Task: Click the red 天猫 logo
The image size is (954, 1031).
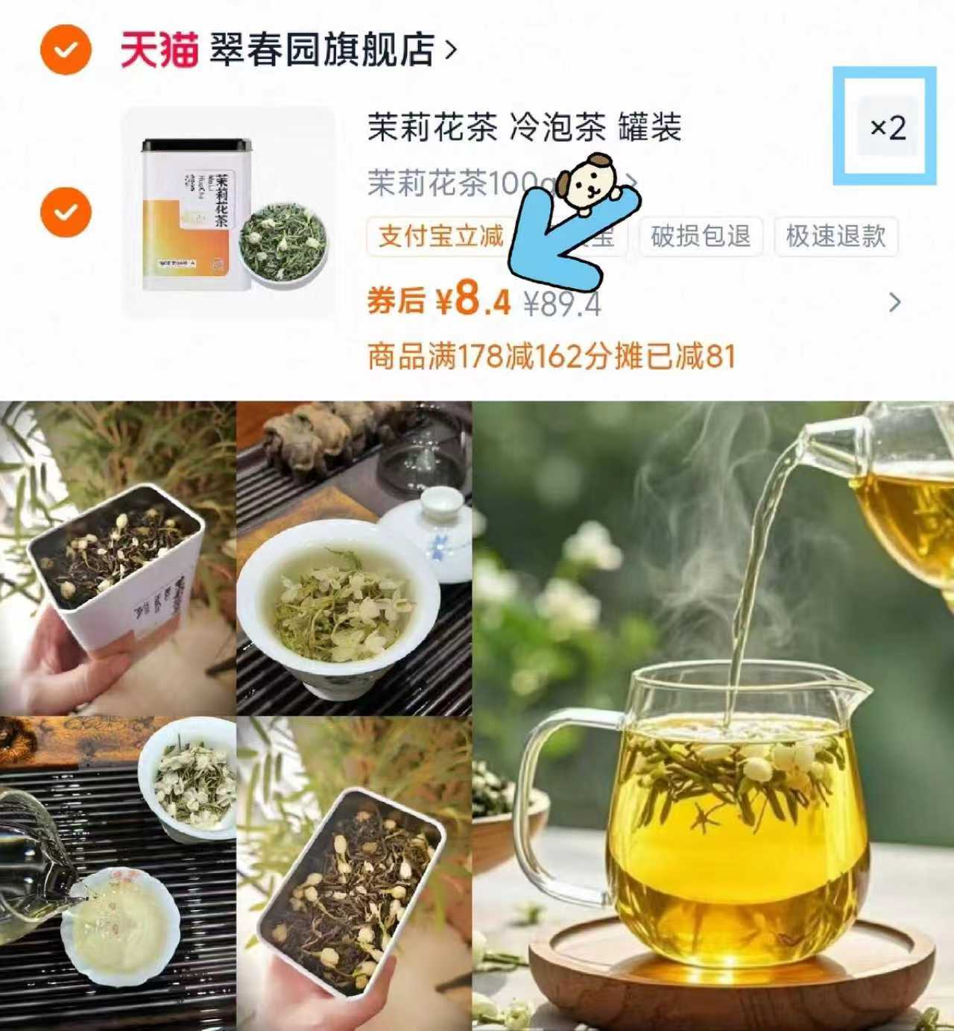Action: click(x=159, y=50)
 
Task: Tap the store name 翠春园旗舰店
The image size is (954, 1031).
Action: click(x=322, y=50)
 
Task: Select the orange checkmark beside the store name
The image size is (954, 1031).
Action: click(x=66, y=50)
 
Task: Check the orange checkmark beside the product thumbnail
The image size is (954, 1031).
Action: click(x=66, y=212)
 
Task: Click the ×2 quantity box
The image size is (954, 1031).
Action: click(x=887, y=128)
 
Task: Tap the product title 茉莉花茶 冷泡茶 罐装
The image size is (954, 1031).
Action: click(x=524, y=128)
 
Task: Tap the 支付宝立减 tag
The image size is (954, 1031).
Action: click(x=440, y=236)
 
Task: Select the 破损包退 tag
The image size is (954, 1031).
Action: click(x=700, y=236)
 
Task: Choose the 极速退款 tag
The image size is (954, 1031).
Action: click(x=835, y=236)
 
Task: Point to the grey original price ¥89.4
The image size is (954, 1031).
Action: click(x=563, y=304)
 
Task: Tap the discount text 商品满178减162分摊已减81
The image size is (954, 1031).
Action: click(x=552, y=357)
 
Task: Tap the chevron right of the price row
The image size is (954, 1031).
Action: click(x=895, y=302)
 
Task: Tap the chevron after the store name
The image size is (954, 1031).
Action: click(x=450, y=50)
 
